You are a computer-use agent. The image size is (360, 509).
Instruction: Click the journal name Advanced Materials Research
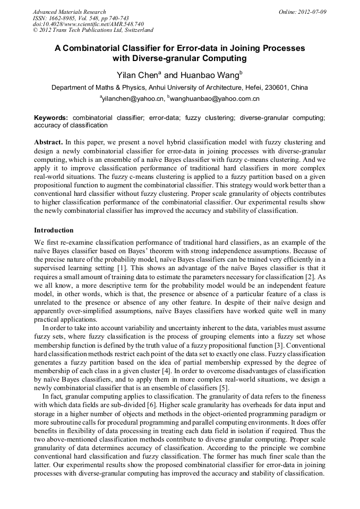tap(69, 12)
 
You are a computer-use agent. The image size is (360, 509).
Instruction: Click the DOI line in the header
tap(88, 24)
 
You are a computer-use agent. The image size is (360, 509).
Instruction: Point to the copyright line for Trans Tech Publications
tap(93, 31)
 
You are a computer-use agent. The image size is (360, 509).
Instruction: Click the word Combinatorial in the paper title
tap(106, 48)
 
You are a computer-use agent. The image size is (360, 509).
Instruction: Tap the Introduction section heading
tap(54, 230)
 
